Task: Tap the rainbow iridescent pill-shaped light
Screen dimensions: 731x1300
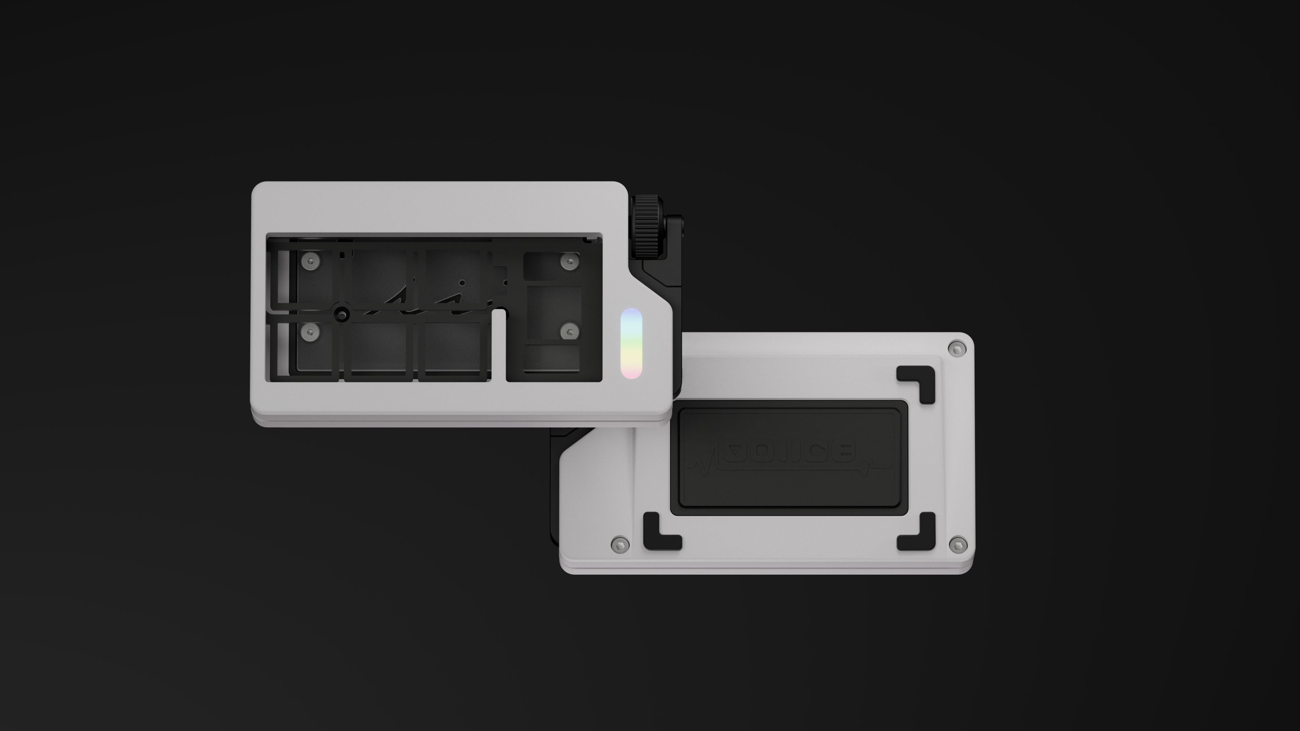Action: coord(631,343)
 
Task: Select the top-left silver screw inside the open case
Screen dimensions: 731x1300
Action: coord(311,261)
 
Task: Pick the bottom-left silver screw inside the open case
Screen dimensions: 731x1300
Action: coord(311,331)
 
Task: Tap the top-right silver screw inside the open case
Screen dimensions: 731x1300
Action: coord(570,261)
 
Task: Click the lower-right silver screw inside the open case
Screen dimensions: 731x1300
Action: coord(570,331)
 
